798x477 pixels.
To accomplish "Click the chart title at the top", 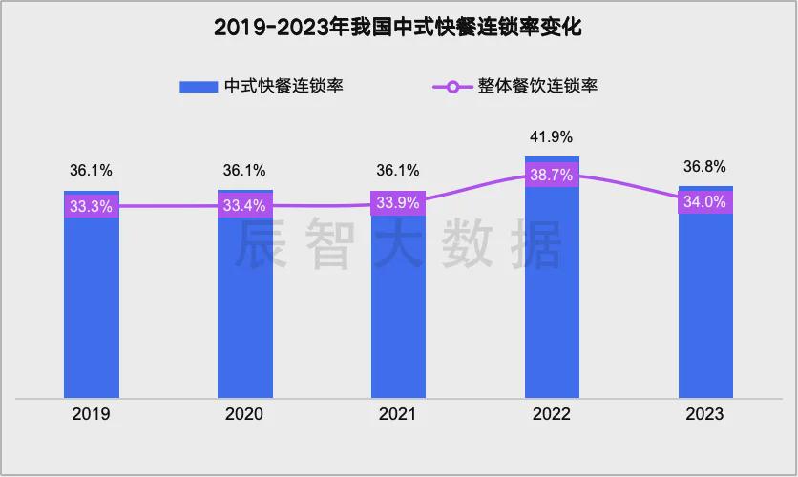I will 398,28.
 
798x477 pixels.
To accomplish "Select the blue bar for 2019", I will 92,305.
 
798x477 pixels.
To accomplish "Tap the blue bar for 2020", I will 245,305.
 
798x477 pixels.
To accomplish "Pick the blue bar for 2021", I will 399,305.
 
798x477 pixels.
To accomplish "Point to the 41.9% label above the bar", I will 553,136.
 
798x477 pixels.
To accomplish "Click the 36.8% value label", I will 706,166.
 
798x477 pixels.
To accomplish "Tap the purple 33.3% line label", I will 92,205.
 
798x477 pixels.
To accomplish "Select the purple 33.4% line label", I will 245,205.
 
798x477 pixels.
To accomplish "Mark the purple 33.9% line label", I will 399,202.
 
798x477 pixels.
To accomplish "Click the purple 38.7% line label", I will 553,176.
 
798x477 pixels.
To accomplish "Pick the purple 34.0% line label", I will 706,202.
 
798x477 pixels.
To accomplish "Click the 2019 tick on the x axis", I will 92,415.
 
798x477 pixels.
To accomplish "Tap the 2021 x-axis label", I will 399,415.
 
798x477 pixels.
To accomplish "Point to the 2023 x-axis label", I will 706,415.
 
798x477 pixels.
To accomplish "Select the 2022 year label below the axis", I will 553,415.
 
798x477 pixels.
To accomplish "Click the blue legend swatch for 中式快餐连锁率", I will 199,87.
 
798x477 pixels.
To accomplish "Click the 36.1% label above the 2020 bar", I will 245,171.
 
